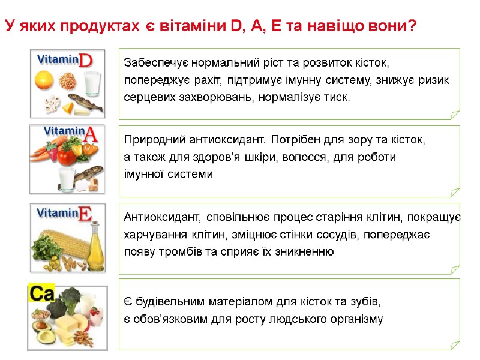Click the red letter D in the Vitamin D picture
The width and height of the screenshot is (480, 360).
[86, 61]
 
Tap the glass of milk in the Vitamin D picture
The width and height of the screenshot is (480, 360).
[92, 83]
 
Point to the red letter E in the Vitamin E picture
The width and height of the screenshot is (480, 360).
[85, 214]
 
